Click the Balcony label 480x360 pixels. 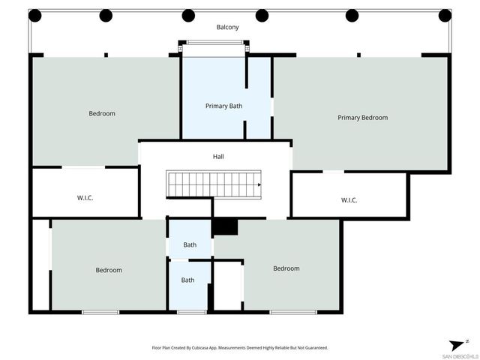click(x=227, y=28)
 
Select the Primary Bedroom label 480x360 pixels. click(x=362, y=118)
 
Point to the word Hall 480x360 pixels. click(x=218, y=157)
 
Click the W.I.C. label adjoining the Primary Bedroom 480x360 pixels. click(x=349, y=200)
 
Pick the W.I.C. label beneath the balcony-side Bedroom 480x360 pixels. click(x=85, y=198)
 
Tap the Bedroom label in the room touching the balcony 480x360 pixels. click(x=102, y=114)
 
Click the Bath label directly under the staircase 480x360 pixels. click(x=190, y=245)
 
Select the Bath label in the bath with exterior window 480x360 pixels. click(x=187, y=280)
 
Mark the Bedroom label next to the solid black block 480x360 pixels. click(x=286, y=268)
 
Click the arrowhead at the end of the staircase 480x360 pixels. click(x=259, y=184)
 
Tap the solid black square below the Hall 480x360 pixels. click(x=225, y=226)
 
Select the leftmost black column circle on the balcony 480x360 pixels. click(x=35, y=15)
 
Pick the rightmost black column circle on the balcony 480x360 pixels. click(x=445, y=15)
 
